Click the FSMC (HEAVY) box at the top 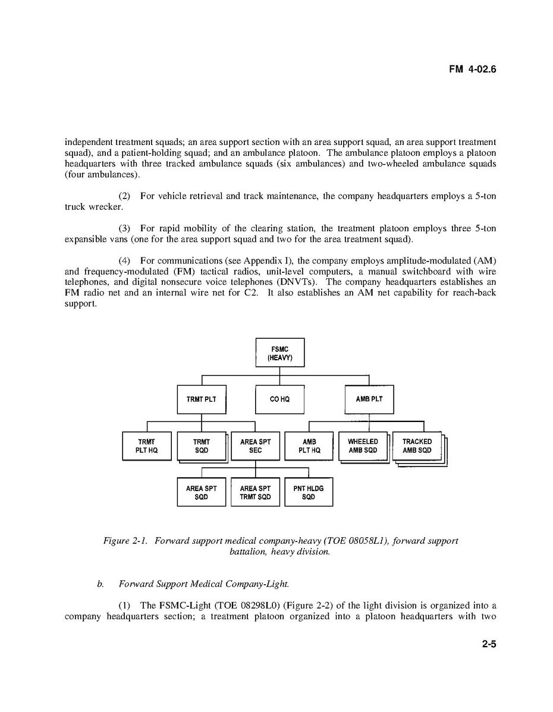point(279,352)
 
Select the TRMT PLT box point(202,399)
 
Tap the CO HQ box point(279,399)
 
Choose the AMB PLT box point(369,399)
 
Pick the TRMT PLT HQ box point(146,446)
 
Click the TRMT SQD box point(202,446)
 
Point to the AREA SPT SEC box point(255,446)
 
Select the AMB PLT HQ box point(309,446)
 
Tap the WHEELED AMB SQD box point(363,446)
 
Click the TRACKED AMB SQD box point(417,446)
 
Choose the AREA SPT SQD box point(202,492)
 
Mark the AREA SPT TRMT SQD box point(255,492)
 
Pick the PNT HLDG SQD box point(309,492)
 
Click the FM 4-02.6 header point(472,70)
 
